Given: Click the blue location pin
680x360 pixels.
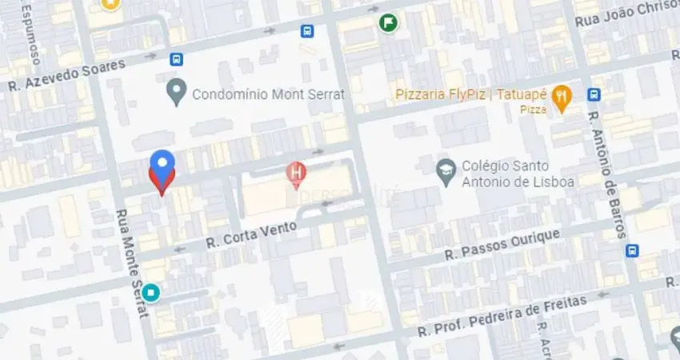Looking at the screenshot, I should point(162,164).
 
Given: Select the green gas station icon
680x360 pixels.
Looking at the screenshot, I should point(388,22).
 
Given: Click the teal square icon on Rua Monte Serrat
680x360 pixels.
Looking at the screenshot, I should point(151,293).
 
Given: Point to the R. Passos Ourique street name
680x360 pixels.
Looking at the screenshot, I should point(502,244).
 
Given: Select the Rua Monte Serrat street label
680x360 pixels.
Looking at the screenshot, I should point(133,263).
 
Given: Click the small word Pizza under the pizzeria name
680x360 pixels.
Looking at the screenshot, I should point(533,109).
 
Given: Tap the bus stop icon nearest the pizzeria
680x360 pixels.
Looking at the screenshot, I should point(594,94).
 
